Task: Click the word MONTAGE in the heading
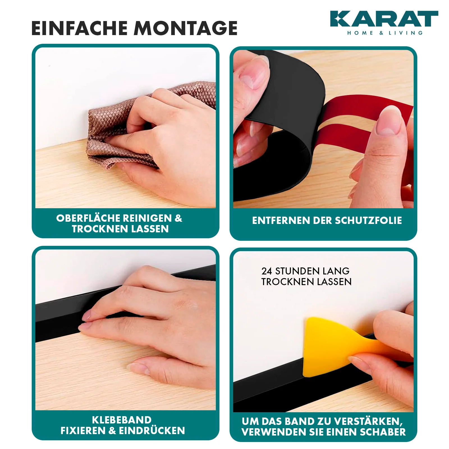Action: tap(185, 28)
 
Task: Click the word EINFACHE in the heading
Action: tap(80, 28)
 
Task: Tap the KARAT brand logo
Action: tap(384, 22)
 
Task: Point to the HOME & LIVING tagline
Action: tap(385, 33)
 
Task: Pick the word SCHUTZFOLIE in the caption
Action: tap(368, 221)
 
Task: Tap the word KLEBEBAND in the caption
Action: tap(122, 420)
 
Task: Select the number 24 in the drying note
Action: tap(267, 271)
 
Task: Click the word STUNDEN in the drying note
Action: tap(297, 271)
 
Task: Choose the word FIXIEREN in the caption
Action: tap(83, 430)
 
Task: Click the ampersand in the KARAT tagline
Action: tap(381, 33)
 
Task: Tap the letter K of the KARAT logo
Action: tap(339, 19)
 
